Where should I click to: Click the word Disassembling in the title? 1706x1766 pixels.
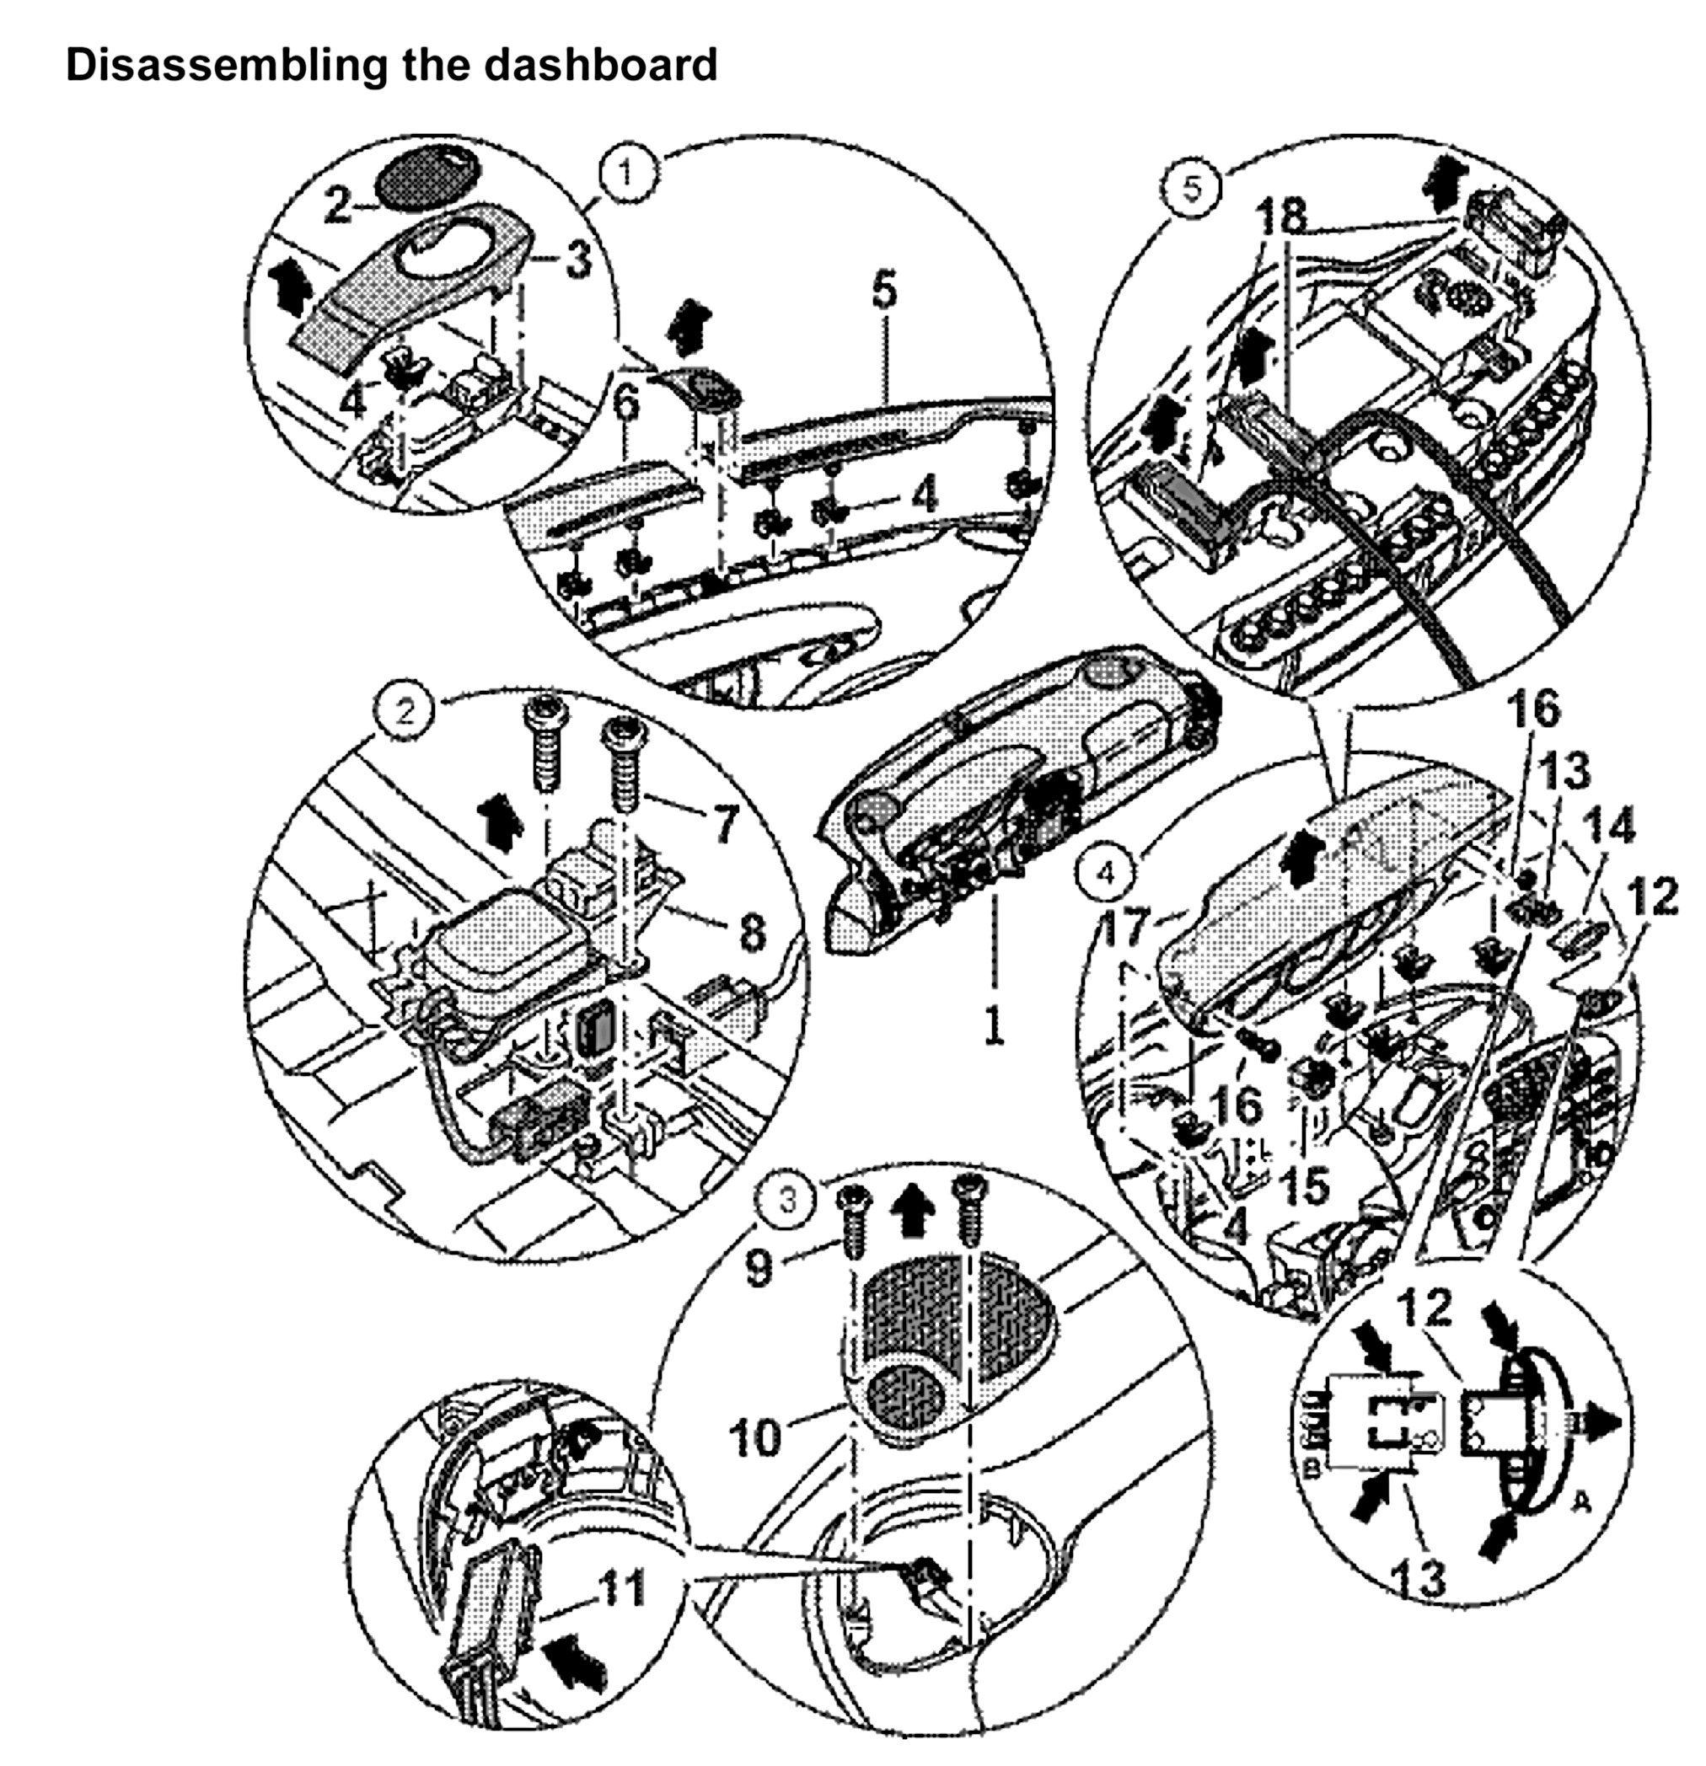[203, 65]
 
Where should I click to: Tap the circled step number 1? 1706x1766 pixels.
[628, 172]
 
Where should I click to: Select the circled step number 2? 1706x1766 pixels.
[404, 712]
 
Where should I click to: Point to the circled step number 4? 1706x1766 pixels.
[1107, 871]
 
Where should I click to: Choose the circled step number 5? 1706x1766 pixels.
[1191, 190]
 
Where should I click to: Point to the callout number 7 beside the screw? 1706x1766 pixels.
[724, 821]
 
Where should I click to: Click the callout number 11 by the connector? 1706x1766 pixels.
[622, 1589]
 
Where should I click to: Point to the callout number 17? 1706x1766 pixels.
[1127, 925]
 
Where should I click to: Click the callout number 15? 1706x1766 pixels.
[1304, 1185]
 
